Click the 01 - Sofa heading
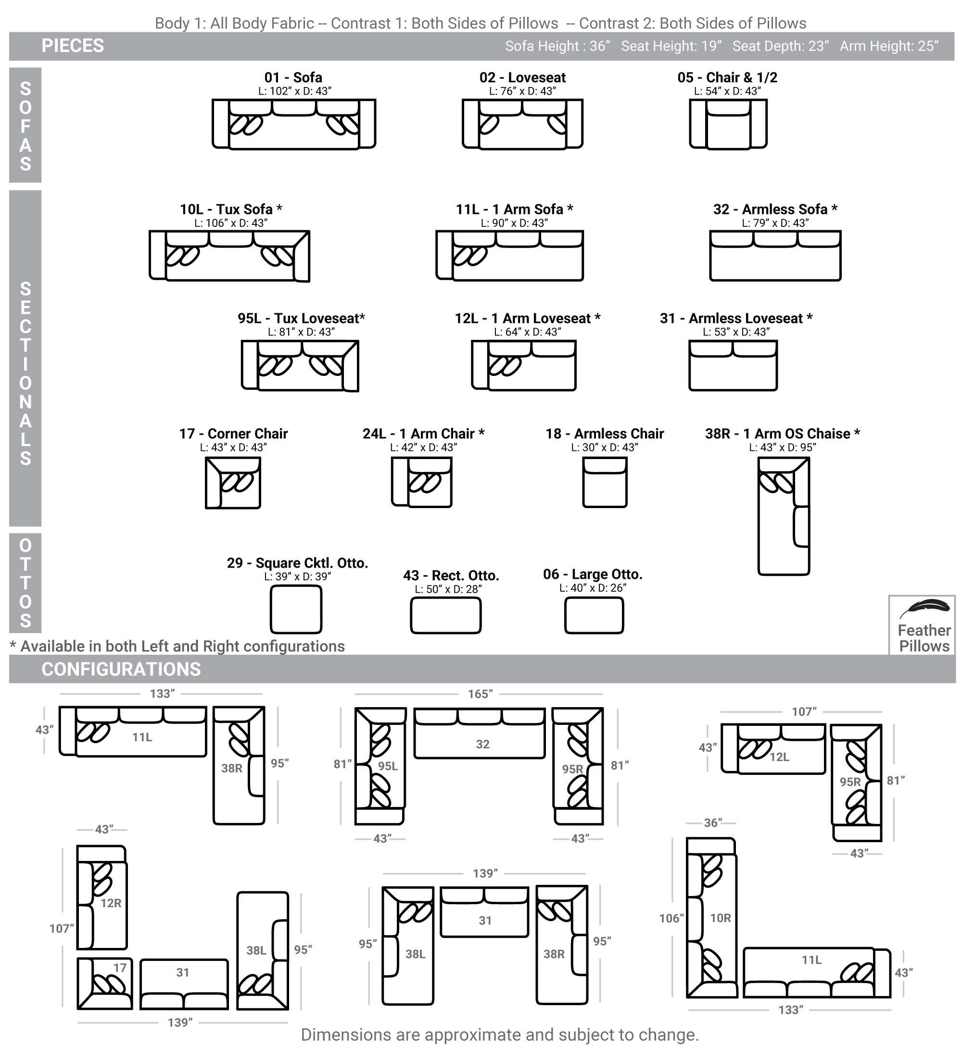click(293, 77)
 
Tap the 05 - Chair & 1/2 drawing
click(728, 124)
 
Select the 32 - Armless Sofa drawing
click(774, 256)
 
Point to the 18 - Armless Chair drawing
click(604, 482)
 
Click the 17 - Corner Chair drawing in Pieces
click(233, 483)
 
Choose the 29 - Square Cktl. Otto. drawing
click(296, 609)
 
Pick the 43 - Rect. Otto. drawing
click(445, 615)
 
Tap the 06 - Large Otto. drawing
click(594, 615)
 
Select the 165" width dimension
click(480, 694)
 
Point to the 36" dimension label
click(713, 823)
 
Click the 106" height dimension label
click(671, 919)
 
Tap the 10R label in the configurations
click(721, 918)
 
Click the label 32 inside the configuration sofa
click(482, 744)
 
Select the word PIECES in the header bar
click(73, 46)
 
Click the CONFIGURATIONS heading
click(121, 669)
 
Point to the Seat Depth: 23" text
click(780, 46)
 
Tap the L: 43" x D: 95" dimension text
click(783, 448)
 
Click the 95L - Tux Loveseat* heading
click(302, 318)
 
